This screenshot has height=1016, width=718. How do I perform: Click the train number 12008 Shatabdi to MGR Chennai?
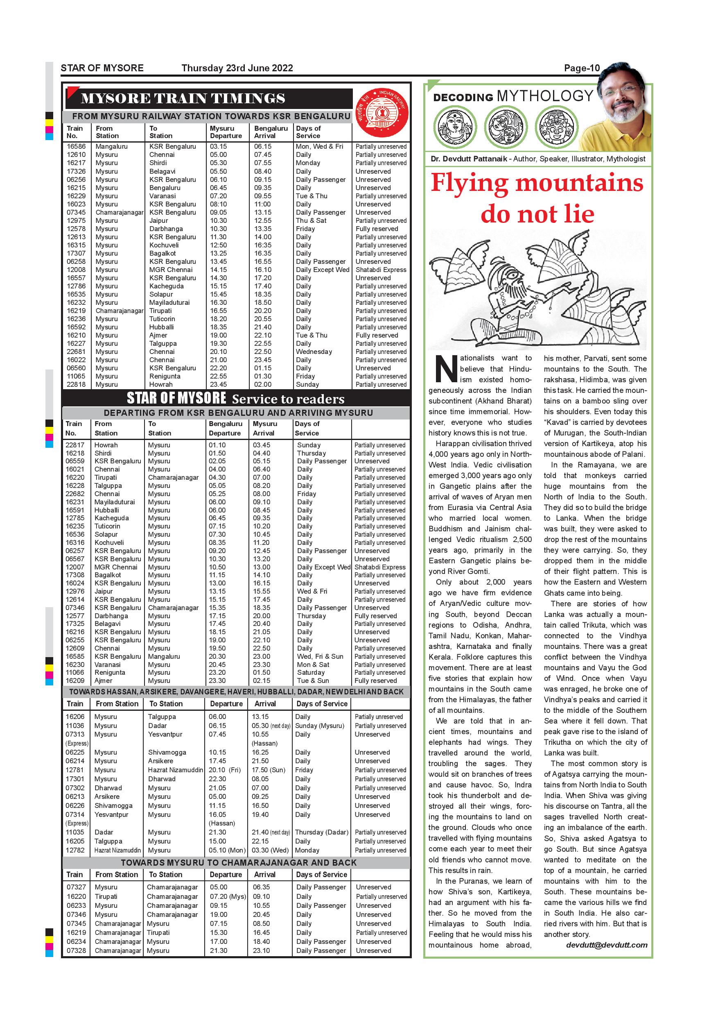pos(76,270)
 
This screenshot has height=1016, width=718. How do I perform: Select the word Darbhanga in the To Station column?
pos(166,229)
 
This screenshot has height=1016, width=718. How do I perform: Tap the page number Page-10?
pos(581,68)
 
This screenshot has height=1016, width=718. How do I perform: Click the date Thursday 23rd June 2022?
pos(237,68)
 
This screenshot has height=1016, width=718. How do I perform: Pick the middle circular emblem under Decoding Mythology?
pos(505,127)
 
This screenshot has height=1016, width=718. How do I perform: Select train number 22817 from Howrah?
pos(75,445)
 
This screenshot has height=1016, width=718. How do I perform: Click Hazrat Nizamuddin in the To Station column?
pos(176,770)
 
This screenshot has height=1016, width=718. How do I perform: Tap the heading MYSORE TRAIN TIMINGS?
pos(183,98)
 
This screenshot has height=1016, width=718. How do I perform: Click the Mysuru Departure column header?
pos(226,132)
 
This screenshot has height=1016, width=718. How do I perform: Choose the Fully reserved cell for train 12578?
pos(377,229)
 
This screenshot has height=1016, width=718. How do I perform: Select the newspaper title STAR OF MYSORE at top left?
pos(102,68)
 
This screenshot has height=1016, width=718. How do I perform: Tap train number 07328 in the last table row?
pos(77,950)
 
